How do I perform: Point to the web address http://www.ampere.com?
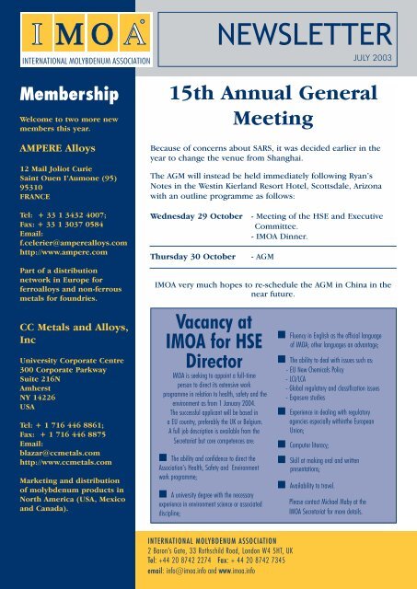[56, 247]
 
